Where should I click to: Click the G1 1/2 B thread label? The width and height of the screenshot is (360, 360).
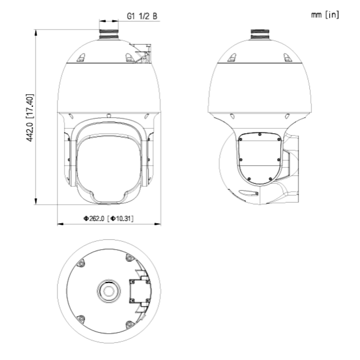(142, 16)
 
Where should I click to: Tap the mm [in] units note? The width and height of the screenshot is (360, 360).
(325, 15)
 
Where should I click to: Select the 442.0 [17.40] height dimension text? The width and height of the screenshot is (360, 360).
(30, 118)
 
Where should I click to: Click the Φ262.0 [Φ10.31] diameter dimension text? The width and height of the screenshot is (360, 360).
(108, 218)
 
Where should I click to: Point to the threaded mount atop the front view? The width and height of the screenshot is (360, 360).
(109, 34)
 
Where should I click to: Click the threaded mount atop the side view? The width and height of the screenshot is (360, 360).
(260, 34)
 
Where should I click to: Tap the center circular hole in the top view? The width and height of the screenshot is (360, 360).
(109, 291)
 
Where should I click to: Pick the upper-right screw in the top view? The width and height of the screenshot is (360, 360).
(130, 258)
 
